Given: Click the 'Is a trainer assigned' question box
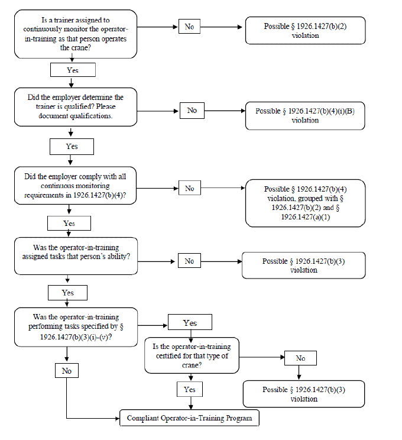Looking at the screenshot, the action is (x=76, y=34).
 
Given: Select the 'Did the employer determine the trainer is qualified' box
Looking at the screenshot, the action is (x=76, y=107).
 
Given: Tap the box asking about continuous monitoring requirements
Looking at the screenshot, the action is (x=75, y=186).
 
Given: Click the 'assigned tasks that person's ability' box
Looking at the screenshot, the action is (x=76, y=256).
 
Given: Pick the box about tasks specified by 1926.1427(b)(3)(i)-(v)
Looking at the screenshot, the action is (x=76, y=327).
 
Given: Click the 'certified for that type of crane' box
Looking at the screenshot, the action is (x=192, y=355).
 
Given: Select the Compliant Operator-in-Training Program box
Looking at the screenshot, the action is (x=189, y=418).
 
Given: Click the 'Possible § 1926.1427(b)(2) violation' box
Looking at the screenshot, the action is (x=305, y=30).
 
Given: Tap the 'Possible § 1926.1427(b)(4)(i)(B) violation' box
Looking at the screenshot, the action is (x=305, y=115).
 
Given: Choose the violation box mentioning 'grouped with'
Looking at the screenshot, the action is (x=305, y=203).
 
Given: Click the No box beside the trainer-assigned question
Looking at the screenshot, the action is (x=189, y=27).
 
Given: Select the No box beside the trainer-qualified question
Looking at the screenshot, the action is (x=192, y=111).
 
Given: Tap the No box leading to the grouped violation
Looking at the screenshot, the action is (x=190, y=188).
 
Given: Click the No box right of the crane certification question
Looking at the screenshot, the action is (x=300, y=358).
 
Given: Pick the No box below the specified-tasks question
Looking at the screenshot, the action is (x=67, y=371).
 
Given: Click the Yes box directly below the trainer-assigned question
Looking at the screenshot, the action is (x=73, y=70).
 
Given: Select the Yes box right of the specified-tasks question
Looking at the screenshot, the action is (x=190, y=322).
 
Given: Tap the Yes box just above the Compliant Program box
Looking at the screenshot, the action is (x=190, y=389).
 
